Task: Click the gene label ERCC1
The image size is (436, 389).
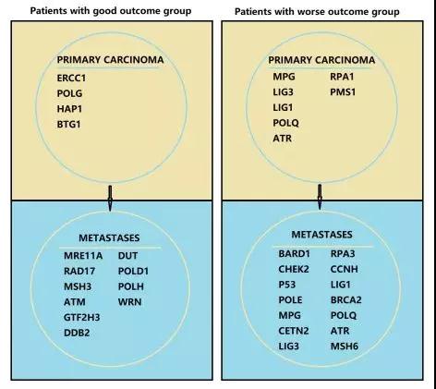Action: tap(71, 79)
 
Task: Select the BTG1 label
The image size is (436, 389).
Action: tap(68, 125)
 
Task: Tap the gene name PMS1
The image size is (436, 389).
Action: tap(343, 92)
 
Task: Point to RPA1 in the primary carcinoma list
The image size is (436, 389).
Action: tap(342, 77)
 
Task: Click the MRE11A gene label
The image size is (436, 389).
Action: tap(83, 256)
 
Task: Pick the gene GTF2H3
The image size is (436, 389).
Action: tap(81, 317)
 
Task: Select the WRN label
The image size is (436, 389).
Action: tap(129, 302)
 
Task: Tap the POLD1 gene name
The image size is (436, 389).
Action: tap(133, 271)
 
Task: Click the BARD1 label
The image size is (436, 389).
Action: tap(294, 254)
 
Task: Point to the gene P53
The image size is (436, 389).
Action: tap(287, 285)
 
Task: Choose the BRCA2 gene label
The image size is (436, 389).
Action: tap(346, 300)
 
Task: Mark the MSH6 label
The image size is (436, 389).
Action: tap(345, 346)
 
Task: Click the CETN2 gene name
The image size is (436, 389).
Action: tap(294, 331)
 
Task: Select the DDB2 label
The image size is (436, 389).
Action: tap(77, 333)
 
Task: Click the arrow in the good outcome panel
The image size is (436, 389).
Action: tap(110, 198)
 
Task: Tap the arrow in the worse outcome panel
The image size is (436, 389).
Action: tap(320, 197)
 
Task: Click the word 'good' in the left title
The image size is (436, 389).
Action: tap(105, 11)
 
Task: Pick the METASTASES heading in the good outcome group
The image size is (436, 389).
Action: tap(109, 237)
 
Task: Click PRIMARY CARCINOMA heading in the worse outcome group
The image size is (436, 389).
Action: tap(321, 60)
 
